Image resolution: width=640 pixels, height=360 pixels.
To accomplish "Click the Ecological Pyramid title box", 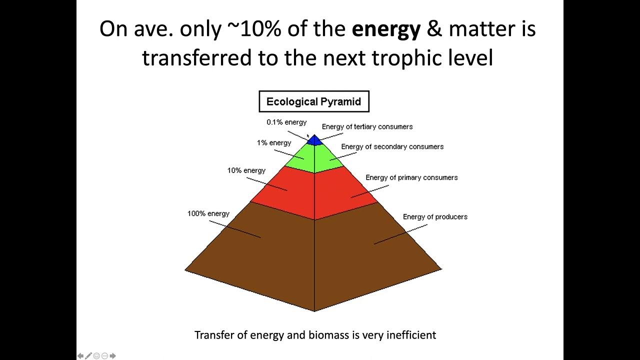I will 313,101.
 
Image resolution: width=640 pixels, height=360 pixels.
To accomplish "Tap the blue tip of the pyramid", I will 314,140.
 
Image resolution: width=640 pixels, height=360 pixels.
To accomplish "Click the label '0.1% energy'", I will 286,122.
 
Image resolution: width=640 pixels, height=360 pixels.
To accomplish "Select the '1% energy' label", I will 274,143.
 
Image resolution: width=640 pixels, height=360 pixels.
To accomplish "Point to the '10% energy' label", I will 246,170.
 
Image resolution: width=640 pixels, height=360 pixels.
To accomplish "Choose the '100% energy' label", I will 208,213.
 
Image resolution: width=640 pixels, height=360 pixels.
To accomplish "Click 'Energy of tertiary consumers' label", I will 367,126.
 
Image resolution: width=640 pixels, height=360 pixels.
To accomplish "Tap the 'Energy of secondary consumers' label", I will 392,146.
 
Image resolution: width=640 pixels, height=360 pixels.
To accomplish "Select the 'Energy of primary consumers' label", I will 411,177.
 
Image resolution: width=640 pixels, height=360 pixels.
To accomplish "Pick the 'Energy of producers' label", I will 435,216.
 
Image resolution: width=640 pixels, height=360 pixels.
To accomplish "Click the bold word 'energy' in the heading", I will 386,29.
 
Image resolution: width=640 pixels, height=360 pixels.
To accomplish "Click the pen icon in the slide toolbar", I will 88,356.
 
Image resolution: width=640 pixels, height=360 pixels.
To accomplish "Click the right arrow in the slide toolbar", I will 113,356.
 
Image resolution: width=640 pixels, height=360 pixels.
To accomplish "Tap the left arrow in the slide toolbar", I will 80,356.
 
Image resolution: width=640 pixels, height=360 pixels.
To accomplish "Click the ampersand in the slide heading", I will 434,29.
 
